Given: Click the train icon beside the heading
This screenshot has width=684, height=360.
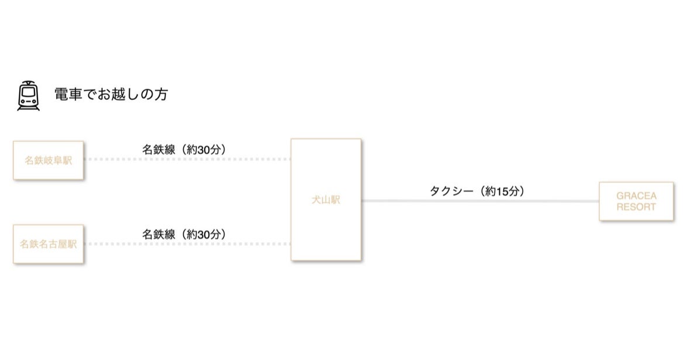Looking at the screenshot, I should click(x=28, y=96).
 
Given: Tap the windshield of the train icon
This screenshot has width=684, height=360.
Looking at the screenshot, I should click(x=28, y=93).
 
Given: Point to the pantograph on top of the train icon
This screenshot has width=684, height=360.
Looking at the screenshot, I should click(x=28, y=84).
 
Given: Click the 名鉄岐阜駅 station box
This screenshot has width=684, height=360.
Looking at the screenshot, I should click(x=49, y=160).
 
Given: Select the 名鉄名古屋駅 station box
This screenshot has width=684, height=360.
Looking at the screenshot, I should click(x=49, y=244).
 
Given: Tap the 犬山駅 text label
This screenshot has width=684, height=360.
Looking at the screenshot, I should click(x=326, y=200).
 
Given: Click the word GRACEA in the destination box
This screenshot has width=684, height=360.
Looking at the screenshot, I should click(x=636, y=196).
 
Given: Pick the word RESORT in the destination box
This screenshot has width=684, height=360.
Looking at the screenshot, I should click(x=636, y=207).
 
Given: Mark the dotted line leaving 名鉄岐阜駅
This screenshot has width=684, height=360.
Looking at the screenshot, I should click(x=187, y=159).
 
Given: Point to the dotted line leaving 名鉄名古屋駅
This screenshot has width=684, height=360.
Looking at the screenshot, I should click(x=187, y=243).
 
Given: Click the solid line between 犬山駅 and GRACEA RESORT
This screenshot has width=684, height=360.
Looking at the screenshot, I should click(x=479, y=201).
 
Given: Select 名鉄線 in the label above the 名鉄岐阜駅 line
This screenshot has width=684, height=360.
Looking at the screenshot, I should click(x=159, y=149).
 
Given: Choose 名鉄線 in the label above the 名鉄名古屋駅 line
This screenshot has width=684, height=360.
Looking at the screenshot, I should click(x=159, y=234).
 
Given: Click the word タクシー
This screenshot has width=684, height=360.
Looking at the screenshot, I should click(x=450, y=191).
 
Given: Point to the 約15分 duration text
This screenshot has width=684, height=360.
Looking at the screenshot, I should click(x=502, y=191).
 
